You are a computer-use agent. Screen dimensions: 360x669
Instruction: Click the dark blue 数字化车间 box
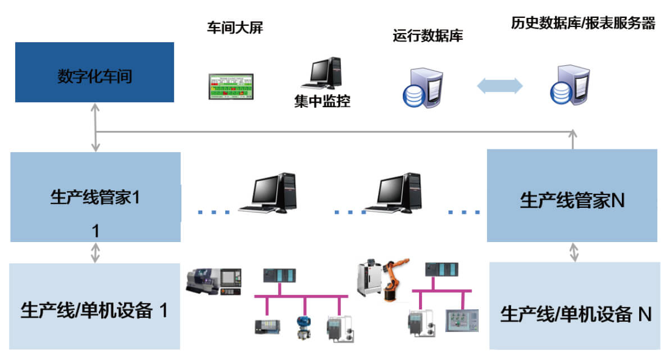[x=94, y=72]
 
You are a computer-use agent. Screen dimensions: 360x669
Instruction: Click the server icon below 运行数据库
[x=422, y=87]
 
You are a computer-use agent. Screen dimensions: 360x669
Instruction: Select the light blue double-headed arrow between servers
[x=499, y=86]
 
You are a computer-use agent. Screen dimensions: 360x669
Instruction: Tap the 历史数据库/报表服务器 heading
[x=583, y=24]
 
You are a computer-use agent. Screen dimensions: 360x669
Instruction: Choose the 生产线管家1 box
[x=95, y=197]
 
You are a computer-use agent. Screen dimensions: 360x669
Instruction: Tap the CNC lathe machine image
[x=215, y=280]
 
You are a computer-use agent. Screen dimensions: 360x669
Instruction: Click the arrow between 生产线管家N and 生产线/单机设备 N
[x=574, y=252]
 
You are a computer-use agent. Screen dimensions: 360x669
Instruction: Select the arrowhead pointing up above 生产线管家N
[x=573, y=133]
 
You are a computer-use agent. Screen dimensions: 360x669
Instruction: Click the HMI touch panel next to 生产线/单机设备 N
[x=462, y=323]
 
